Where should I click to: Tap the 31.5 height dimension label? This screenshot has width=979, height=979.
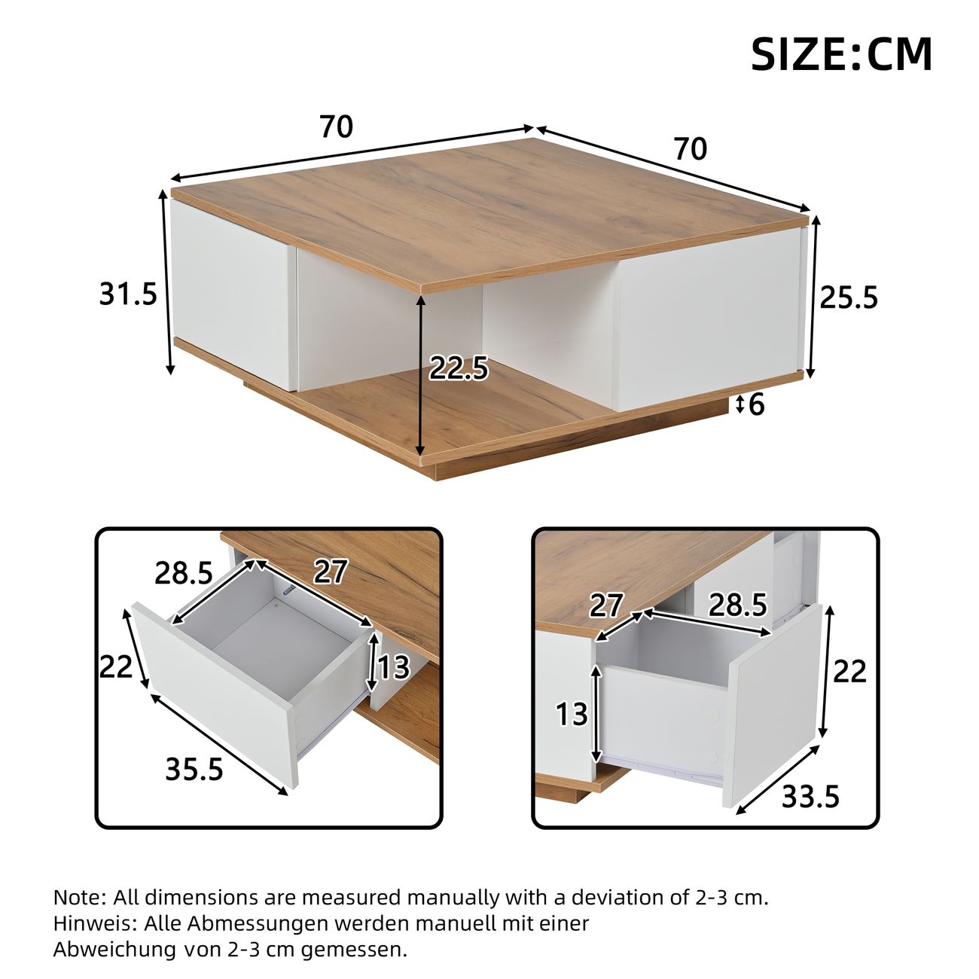pos(129,294)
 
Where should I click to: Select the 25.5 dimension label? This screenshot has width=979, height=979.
pos(849,297)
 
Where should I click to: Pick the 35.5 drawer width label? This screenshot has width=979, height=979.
pos(194,769)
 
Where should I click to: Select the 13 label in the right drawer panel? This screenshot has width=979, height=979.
pos(572,714)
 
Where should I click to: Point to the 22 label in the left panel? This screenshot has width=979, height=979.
pos(116,666)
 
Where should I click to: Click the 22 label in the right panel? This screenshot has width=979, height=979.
pos(850,672)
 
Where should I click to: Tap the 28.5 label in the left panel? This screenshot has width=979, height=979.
pos(184,573)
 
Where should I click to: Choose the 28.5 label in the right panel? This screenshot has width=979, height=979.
pos(738,605)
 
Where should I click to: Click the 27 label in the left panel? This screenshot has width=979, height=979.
pos(331,572)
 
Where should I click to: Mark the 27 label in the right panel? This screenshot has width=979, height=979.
pos(605,605)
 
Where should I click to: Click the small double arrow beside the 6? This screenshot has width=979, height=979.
pos(740,405)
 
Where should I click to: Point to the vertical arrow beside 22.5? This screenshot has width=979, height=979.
pos(420,375)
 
